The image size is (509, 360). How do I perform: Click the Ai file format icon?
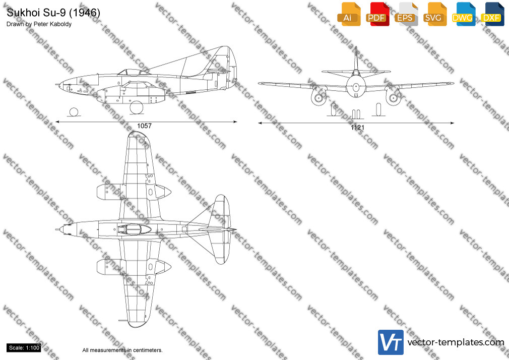point(349,14)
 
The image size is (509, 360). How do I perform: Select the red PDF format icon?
point(377,14)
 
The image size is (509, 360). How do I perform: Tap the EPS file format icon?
point(406,14)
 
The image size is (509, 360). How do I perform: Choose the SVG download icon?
point(434,14)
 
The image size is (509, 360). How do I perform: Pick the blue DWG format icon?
point(463,14)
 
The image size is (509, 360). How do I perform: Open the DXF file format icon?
point(492,14)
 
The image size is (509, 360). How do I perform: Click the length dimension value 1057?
point(144,126)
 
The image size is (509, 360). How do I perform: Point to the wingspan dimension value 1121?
point(357,128)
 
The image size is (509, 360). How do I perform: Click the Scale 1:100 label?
point(24,348)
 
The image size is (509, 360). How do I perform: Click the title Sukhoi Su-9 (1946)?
point(53,13)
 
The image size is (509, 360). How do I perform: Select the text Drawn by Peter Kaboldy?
point(39,24)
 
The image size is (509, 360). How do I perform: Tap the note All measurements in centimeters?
point(122,350)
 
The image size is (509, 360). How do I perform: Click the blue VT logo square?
point(391,342)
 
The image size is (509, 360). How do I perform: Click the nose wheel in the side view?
point(74,112)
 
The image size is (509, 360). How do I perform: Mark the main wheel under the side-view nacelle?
point(137,107)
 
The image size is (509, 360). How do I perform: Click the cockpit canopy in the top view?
point(135,229)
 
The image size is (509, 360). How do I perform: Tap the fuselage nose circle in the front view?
point(356,87)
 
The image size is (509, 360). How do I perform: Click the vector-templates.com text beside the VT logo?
point(456,342)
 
